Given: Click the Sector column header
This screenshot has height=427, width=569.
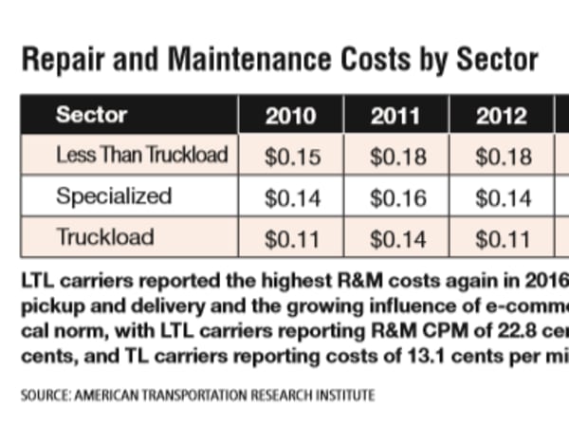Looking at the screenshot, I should [91, 117].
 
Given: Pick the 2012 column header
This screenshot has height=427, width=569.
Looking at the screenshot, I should [501, 117].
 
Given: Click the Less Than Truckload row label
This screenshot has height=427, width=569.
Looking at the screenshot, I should [141, 156].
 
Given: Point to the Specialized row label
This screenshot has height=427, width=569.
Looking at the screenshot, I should [114, 196].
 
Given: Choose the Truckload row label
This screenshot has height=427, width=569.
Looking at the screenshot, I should [103, 236].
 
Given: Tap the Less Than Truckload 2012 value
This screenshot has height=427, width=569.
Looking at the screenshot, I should [501, 158].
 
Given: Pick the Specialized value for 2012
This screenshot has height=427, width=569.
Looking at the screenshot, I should [501, 197].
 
